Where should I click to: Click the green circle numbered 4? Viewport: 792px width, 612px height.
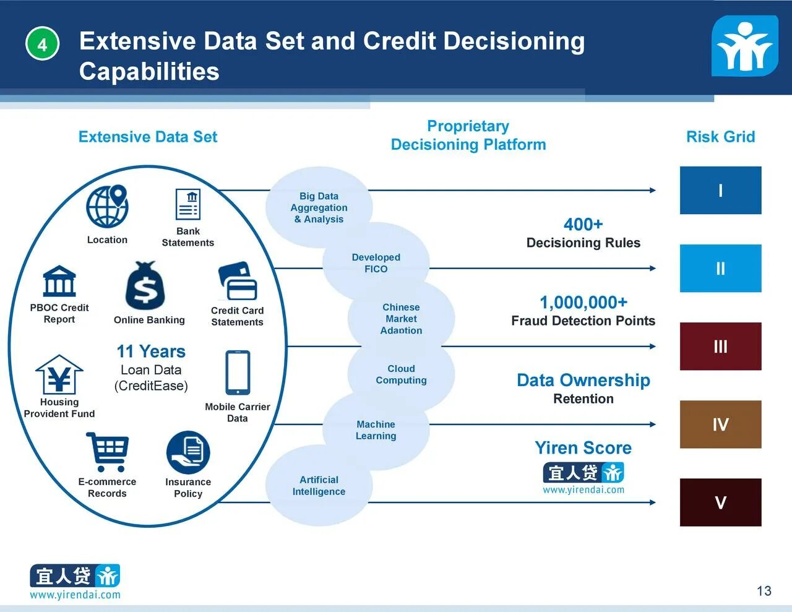point(42,44)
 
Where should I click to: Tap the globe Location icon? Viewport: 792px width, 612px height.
point(107,207)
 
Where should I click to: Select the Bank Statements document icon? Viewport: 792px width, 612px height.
point(188,204)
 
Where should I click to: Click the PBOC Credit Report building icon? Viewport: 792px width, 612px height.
point(59,282)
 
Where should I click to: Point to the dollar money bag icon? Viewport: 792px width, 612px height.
point(145,286)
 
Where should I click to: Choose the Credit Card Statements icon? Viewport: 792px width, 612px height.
point(238,282)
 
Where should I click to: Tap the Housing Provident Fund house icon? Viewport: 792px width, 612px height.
point(59,374)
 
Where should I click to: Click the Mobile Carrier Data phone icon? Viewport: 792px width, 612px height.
point(238,373)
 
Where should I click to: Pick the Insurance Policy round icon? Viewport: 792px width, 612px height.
point(188,452)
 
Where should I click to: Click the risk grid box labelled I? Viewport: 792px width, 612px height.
point(720,191)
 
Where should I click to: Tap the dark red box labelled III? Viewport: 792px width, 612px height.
point(720,347)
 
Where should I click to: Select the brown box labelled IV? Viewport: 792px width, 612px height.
point(720,425)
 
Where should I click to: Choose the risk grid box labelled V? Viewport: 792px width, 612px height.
point(720,502)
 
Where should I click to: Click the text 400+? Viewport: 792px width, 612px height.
point(583,224)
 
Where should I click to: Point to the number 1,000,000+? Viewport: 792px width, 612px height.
point(583,302)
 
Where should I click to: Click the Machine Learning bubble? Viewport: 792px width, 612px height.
point(376,430)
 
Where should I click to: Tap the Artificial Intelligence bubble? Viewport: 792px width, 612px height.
point(319,486)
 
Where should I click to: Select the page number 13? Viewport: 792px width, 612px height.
point(764,591)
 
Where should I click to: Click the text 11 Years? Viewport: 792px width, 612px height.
point(151,351)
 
